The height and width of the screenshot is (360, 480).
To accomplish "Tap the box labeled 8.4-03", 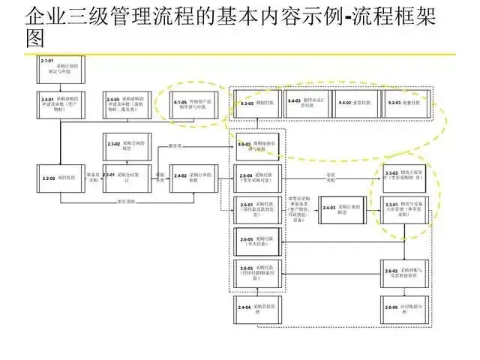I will point(307,103).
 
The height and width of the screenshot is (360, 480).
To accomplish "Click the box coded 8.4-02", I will point(355,103).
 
